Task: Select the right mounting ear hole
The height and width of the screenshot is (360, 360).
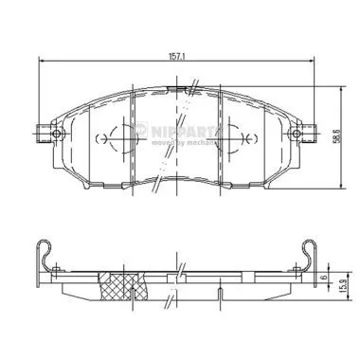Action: click(x=301, y=134)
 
